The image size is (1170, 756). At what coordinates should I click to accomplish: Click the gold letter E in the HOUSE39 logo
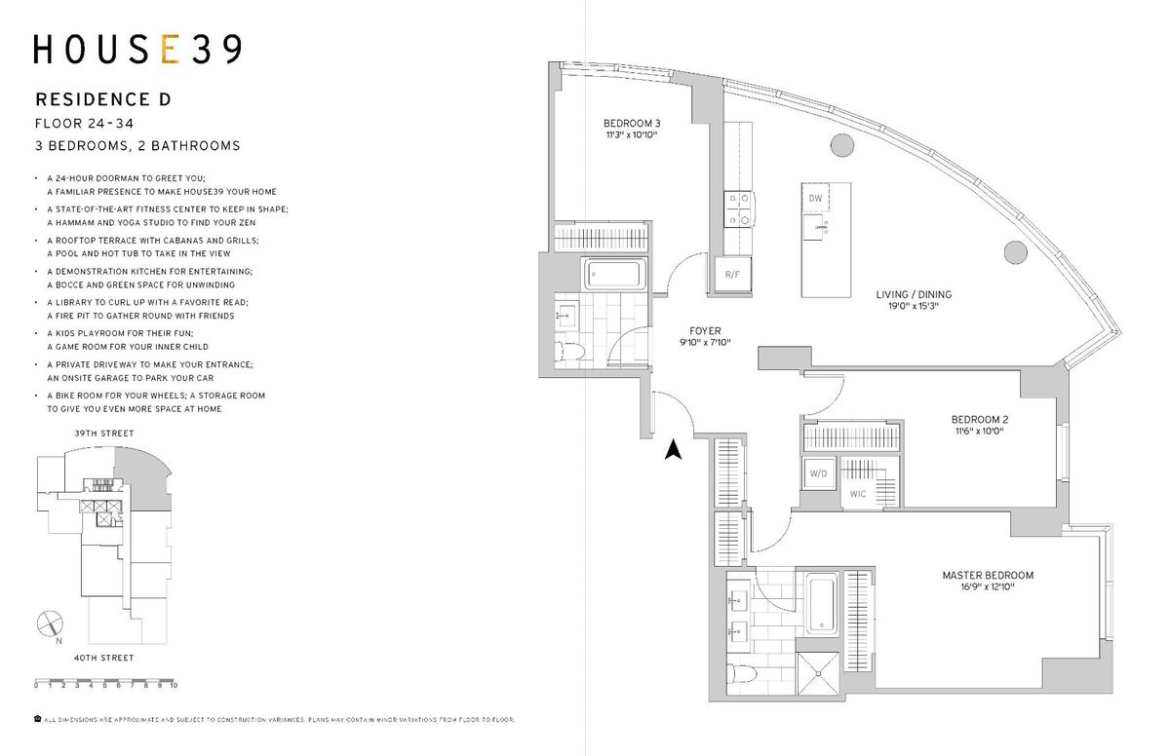point(170,50)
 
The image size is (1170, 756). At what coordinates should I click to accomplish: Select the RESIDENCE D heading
point(103,99)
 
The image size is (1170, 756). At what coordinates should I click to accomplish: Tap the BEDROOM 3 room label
point(632,123)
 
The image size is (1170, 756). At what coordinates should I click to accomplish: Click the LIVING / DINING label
point(914,294)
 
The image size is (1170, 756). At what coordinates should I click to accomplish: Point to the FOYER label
point(705,331)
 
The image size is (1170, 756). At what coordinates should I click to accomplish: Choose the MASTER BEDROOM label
point(988,575)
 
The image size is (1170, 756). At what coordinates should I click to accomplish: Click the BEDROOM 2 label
point(980,419)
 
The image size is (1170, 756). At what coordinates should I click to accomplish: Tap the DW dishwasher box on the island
point(815,198)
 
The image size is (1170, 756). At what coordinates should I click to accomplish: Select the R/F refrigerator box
point(733,275)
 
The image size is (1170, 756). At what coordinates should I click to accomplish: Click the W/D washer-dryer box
point(818,473)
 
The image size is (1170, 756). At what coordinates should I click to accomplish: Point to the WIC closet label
point(858,494)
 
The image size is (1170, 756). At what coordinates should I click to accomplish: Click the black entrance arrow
point(674,449)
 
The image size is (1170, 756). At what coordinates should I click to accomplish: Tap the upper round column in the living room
point(842,145)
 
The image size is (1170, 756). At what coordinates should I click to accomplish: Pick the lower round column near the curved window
point(1015,252)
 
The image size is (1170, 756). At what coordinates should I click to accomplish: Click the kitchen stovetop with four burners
point(739,209)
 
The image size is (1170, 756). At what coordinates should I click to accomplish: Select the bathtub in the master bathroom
point(822,604)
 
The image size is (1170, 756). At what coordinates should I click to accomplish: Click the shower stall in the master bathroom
point(818,673)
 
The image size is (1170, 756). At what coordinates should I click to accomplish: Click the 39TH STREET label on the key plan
point(104,433)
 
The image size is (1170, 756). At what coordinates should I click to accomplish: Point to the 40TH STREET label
point(104,658)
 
